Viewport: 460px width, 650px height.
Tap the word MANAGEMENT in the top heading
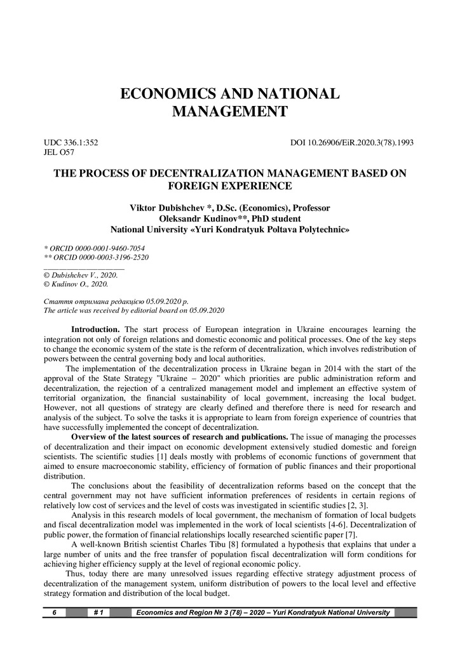click(x=229, y=113)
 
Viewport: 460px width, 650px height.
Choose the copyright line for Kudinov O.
click(x=73, y=284)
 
